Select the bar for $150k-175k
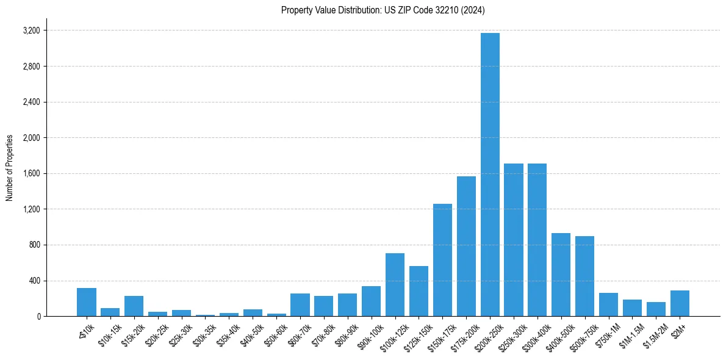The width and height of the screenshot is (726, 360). point(442,260)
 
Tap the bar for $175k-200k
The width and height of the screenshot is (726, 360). point(466,247)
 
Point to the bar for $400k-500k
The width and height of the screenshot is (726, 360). point(561,275)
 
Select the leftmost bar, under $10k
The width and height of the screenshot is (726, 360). point(87,302)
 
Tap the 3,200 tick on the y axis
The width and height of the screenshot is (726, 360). point(31,31)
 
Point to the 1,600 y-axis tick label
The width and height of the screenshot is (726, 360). point(31,173)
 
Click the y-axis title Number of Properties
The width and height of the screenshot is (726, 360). point(10,168)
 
